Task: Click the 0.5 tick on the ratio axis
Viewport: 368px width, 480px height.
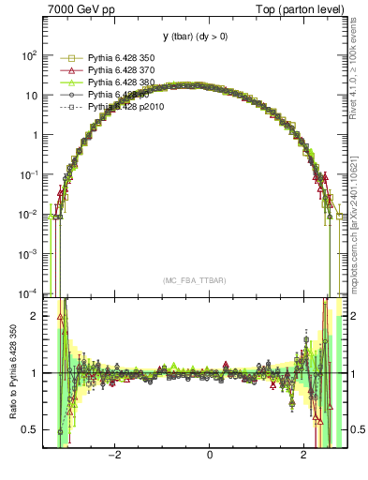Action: pos(28,429)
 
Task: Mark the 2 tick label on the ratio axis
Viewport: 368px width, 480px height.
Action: pos(33,316)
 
